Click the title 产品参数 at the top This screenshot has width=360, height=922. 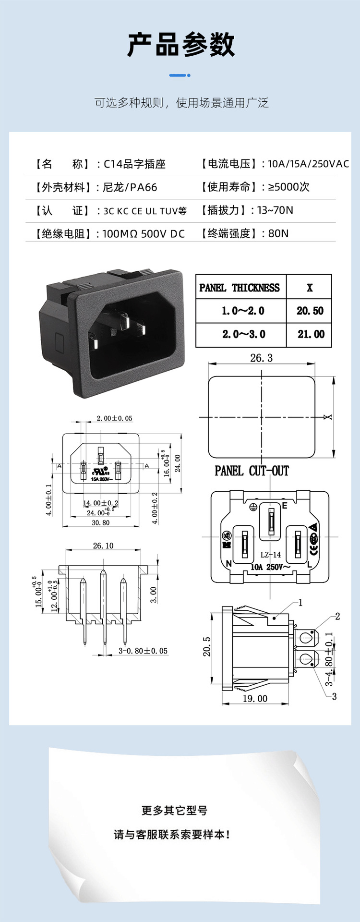pos(180,45)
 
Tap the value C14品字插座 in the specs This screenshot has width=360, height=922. pos(134,164)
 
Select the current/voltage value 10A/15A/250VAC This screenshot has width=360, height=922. pos(308,164)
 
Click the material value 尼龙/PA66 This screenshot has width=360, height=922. pos(130,187)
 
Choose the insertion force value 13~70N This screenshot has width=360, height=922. pos(275,210)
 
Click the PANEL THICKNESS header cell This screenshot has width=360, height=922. pos(240,288)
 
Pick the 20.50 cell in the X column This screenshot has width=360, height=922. pos(310,311)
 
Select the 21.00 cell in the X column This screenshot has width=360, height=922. pos(311,334)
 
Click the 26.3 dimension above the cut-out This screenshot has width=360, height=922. pos(261,358)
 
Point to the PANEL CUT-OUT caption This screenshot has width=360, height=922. pos(252,471)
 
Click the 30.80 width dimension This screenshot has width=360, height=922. pos(100,522)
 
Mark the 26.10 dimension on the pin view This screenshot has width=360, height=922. pos(103,546)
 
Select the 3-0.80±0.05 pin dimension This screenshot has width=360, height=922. pos(143,651)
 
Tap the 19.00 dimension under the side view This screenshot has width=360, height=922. pos(255,699)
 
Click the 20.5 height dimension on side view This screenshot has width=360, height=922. pos(207,647)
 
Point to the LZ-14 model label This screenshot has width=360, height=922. pos(270,555)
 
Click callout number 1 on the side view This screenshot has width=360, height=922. pos(300,603)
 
